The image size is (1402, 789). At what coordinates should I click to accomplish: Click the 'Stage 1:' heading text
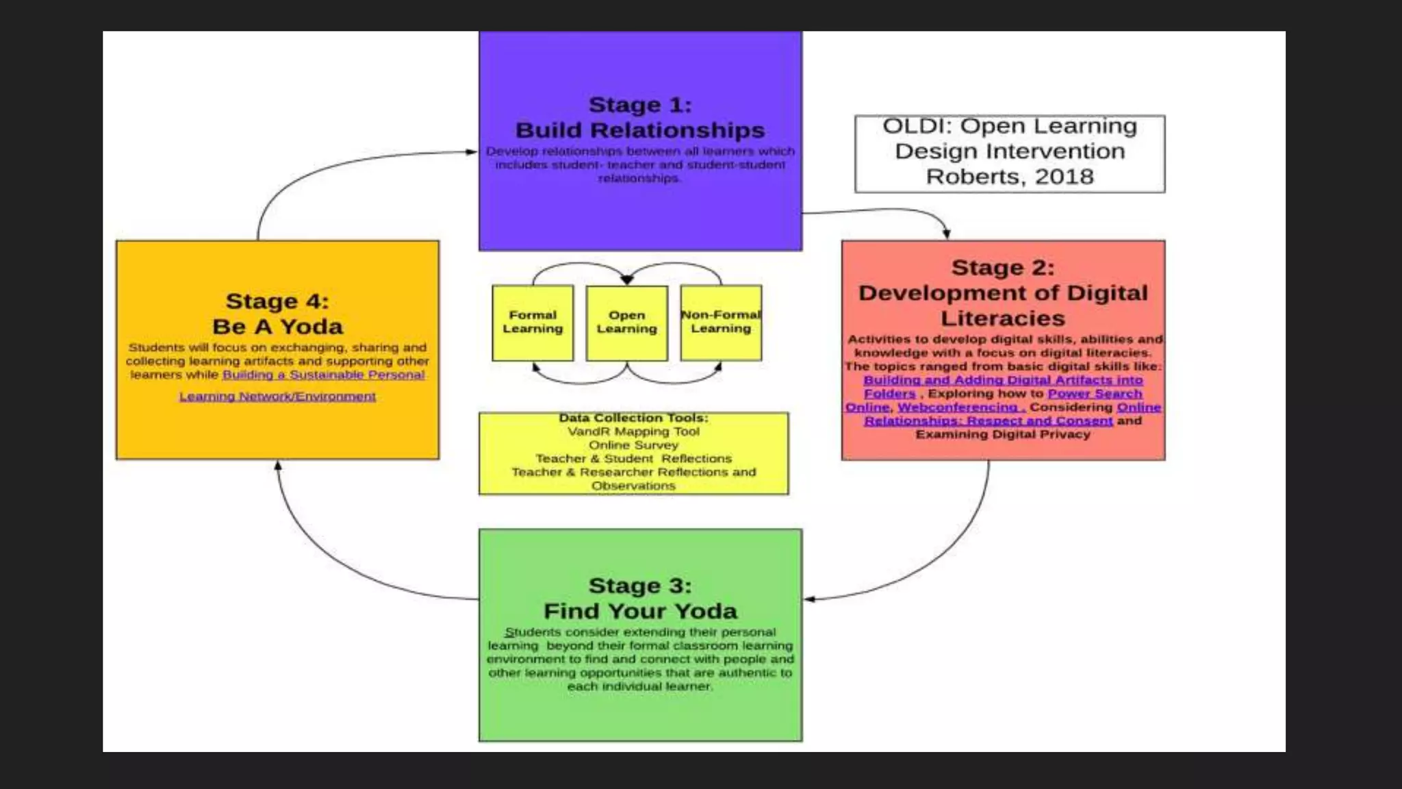click(x=640, y=105)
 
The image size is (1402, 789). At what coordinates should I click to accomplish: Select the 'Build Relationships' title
click(x=640, y=130)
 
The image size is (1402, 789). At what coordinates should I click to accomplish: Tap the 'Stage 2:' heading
click(x=1003, y=268)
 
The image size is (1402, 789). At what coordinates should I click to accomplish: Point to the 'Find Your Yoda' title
click(x=640, y=611)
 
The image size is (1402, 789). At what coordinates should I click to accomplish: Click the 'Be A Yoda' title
click(x=277, y=327)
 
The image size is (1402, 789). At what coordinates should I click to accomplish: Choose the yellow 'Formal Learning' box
click(x=533, y=323)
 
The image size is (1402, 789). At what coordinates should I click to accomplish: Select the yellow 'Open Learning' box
click(x=626, y=323)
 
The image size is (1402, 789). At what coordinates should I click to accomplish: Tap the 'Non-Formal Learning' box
click(x=721, y=323)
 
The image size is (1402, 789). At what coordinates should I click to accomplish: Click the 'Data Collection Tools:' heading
click(x=633, y=418)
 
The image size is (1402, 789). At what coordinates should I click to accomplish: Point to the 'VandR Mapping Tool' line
click(x=633, y=431)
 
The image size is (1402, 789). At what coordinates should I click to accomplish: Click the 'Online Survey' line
click(x=633, y=445)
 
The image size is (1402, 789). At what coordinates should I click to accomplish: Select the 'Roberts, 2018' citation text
click(x=1010, y=177)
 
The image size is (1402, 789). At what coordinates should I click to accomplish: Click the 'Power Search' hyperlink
click(x=1095, y=394)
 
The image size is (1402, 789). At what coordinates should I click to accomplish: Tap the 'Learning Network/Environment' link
click(x=277, y=397)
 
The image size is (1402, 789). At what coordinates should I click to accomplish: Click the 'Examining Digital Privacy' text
click(x=1003, y=434)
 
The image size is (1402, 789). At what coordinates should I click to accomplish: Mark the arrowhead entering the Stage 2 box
click(x=946, y=234)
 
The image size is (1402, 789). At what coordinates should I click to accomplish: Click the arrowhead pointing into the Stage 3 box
click(x=809, y=599)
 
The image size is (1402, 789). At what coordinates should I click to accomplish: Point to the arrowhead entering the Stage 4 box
click(x=278, y=466)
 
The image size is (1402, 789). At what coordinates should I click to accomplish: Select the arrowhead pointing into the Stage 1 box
click(x=472, y=151)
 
